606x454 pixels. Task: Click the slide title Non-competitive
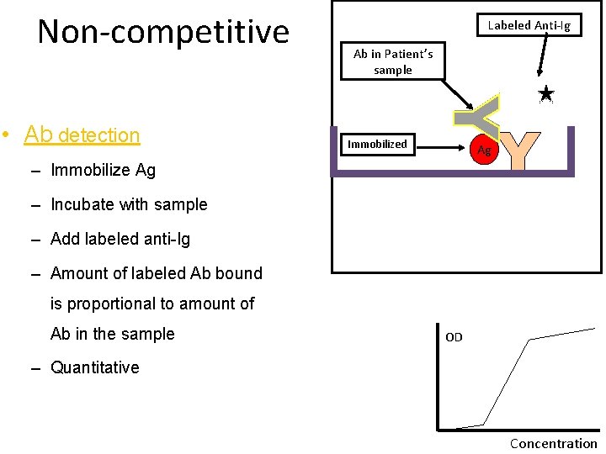coord(163,32)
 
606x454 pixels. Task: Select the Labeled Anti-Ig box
coord(529,25)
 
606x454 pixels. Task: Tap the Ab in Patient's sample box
coord(393,61)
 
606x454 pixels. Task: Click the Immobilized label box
coord(377,144)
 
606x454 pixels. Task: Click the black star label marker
coord(545,94)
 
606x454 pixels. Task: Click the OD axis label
coord(454,337)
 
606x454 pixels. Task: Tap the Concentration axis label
coord(553,443)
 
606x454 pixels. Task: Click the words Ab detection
coord(82,135)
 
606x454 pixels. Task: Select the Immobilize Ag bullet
coord(103,170)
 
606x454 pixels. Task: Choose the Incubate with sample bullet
coord(128,204)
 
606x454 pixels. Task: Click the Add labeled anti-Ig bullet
coord(120,239)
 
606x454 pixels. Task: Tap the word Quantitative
coord(94,367)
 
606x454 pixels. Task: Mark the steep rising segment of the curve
coord(506,383)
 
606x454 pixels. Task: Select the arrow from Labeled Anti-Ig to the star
coord(544,59)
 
